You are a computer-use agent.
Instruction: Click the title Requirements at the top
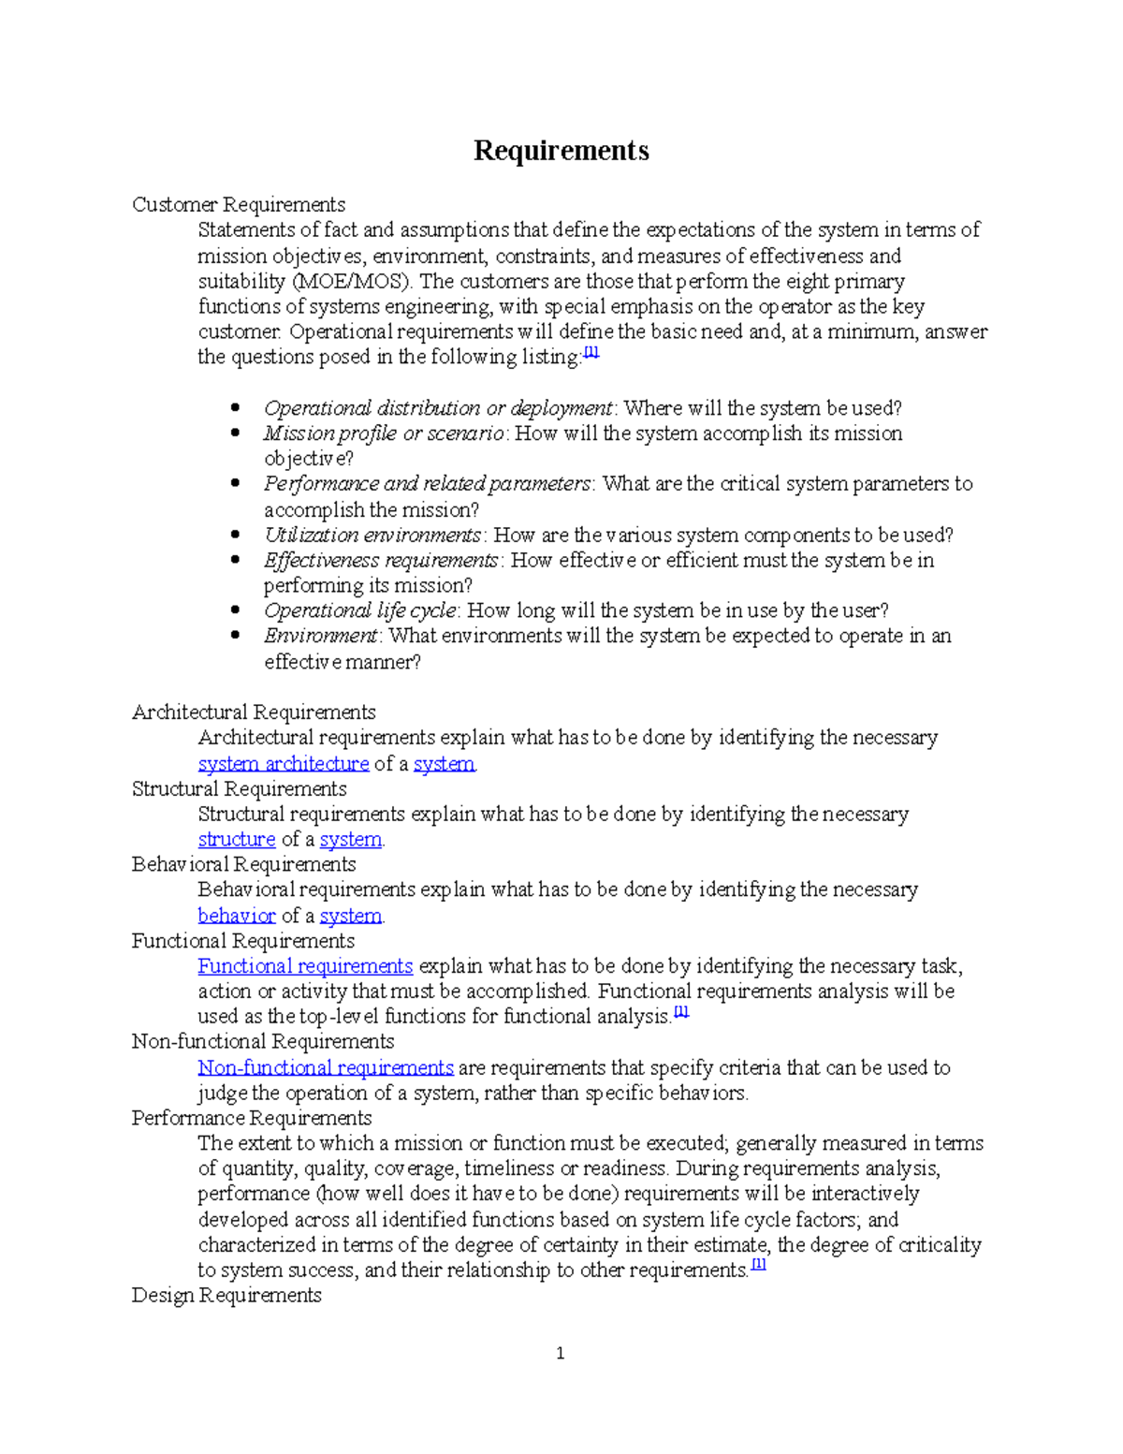tap(561, 151)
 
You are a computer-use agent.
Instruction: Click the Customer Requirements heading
tap(239, 205)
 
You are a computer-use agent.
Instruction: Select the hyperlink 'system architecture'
tap(284, 764)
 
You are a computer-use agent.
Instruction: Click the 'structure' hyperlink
tap(236, 840)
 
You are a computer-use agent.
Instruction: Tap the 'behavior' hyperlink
tap(237, 916)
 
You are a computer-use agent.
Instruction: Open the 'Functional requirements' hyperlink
tap(305, 966)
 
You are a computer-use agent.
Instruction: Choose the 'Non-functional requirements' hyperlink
tap(326, 1068)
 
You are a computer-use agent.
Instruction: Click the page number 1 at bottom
tap(560, 1353)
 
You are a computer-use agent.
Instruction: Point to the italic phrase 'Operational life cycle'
tap(360, 611)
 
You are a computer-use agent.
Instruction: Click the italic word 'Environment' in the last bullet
tap(321, 637)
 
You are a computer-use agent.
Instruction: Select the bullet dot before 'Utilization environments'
tap(236, 536)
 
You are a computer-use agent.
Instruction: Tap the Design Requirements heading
tap(226, 1296)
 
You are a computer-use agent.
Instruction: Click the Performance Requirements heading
tap(252, 1119)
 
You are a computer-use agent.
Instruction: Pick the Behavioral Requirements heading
tap(244, 865)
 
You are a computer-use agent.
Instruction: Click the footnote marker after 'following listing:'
tap(591, 353)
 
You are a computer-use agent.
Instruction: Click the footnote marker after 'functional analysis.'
tap(681, 1012)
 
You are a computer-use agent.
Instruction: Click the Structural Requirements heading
tap(239, 789)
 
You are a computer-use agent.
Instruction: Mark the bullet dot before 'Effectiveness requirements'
tap(236, 561)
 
